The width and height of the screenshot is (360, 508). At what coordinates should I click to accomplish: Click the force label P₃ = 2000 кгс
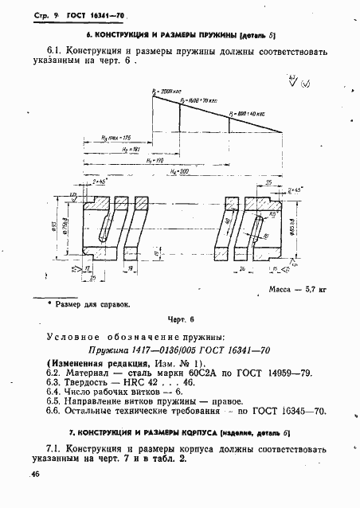point(165,92)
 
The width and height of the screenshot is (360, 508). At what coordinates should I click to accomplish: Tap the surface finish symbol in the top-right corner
point(296,80)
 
